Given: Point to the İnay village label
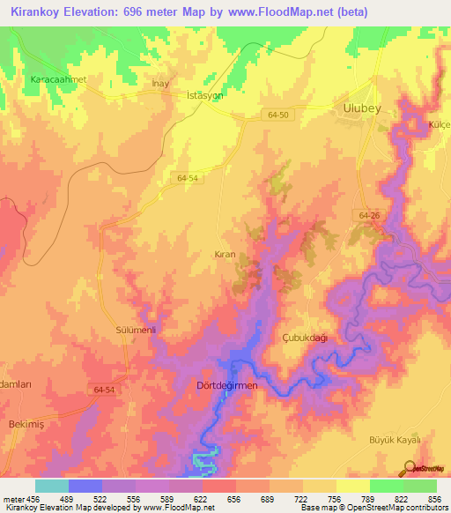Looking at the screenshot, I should tap(160, 84).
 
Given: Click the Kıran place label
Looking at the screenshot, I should tap(225, 254).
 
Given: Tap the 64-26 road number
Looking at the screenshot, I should tap(369, 215).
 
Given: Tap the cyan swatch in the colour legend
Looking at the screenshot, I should tap(52, 486).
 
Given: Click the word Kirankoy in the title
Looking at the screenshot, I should tap(35, 12).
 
